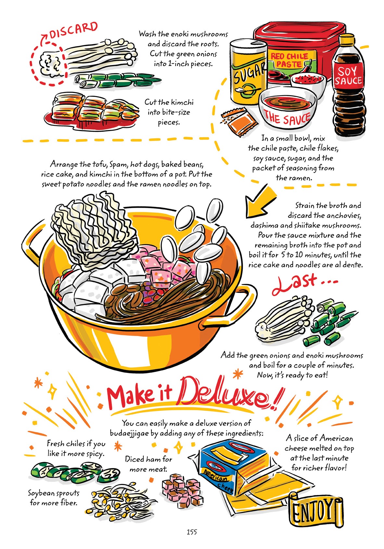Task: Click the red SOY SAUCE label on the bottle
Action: point(348,76)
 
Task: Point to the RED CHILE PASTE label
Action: point(289,60)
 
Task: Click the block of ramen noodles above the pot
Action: point(94,228)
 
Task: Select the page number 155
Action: point(192,532)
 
